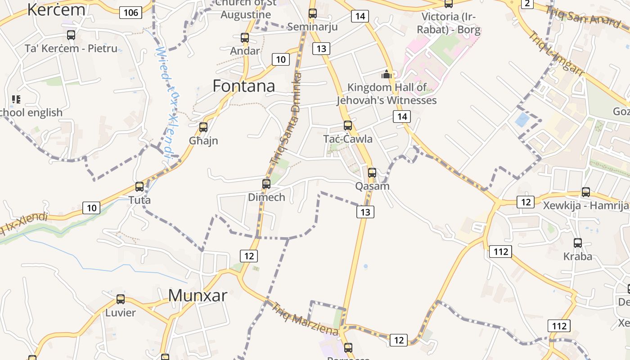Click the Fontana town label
tap(243, 86)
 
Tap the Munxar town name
tap(198, 295)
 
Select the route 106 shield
tap(131, 12)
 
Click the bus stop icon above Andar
tap(245, 38)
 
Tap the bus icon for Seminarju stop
tap(313, 13)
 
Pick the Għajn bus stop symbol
tap(203, 127)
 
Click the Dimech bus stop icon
tap(266, 184)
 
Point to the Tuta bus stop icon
tap(139, 187)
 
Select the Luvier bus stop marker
tap(121, 299)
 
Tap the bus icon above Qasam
tap(372, 173)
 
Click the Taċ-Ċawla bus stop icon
tap(348, 126)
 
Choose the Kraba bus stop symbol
tap(578, 243)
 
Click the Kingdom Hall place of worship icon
tap(387, 74)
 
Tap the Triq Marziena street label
tap(305, 319)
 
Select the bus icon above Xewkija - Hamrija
tap(586, 192)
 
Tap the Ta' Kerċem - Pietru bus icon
tap(71, 35)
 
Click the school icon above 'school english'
tap(16, 99)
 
